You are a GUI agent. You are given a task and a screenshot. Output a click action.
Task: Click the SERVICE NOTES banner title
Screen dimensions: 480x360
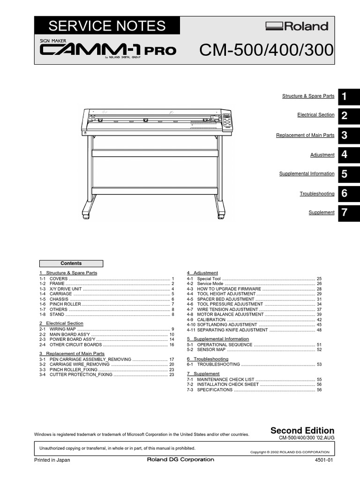pyautogui.click(x=107, y=26)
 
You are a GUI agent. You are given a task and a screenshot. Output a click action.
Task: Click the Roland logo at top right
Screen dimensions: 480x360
pyautogui.click(x=297, y=26)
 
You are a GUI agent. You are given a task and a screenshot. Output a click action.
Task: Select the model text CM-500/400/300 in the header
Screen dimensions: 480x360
pyautogui.click(x=266, y=50)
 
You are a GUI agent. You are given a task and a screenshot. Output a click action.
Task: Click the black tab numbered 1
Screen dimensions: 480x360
pyautogui.click(x=345, y=97)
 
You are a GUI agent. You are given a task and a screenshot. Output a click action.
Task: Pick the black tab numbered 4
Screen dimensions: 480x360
pyautogui.click(x=345, y=155)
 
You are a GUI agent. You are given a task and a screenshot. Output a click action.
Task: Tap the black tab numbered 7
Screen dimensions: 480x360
pyautogui.click(x=345, y=213)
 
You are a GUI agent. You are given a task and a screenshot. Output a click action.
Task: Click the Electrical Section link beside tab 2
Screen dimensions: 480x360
pyautogui.click(x=315, y=115)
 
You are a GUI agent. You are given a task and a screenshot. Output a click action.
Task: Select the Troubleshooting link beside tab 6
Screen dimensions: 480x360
pyautogui.click(x=317, y=194)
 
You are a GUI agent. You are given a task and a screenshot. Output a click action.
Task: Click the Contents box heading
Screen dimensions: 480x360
pyautogui.click(x=71, y=263)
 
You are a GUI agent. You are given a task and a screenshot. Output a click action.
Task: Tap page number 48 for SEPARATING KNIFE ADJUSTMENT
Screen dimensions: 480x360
pyautogui.click(x=319, y=330)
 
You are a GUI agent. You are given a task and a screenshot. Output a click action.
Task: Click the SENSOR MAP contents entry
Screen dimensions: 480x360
pyautogui.click(x=211, y=350)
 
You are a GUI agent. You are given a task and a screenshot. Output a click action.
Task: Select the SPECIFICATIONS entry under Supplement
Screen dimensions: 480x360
pyautogui.click(x=215, y=390)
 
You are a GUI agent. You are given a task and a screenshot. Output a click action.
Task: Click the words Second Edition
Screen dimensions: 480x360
pyautogui.click(x=303, y=430)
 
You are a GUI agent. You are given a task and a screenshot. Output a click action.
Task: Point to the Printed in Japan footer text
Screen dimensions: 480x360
pyautogui.click(x=52, y=460)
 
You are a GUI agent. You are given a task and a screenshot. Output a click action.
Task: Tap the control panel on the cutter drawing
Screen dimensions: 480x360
pyautogui.click(x=226, y=120)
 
